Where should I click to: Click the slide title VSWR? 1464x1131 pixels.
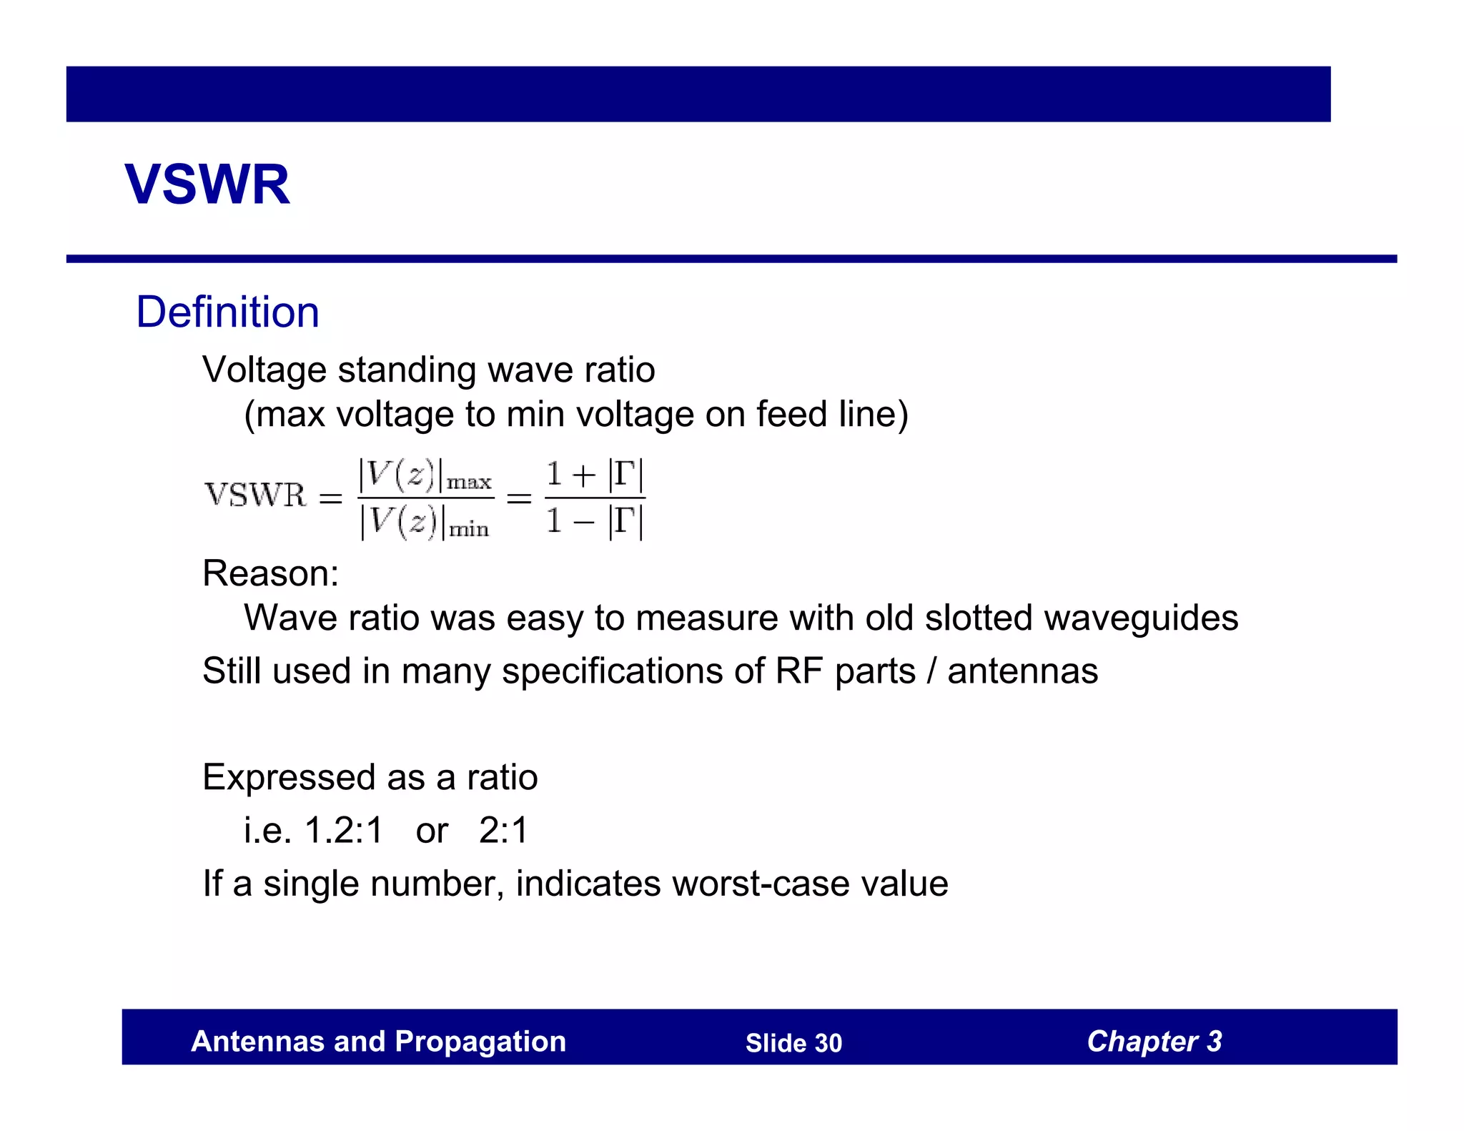[x=207, y=184]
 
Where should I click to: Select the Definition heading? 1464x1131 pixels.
[x=227, y=312]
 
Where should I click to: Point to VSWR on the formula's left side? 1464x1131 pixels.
[x=255, y=495]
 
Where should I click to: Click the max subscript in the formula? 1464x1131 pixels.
[x=469, y=483]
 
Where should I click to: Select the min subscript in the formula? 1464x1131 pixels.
[x=469, y=530]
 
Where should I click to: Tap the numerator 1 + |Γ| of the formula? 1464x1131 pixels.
[x=595, y=475]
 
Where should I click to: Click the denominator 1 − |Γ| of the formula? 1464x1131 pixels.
[x=595, y=520]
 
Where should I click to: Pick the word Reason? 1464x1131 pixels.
[x=270, y=573]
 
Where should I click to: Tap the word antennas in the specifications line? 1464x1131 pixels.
[x=1022, y=671]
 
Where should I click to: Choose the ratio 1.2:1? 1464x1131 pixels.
[x=344, y=831]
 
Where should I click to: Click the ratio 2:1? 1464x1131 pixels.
[x=503, y=831]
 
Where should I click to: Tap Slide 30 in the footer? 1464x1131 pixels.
[x=793, y=1043]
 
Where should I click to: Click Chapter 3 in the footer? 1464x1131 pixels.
[x=1154, y=1042]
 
